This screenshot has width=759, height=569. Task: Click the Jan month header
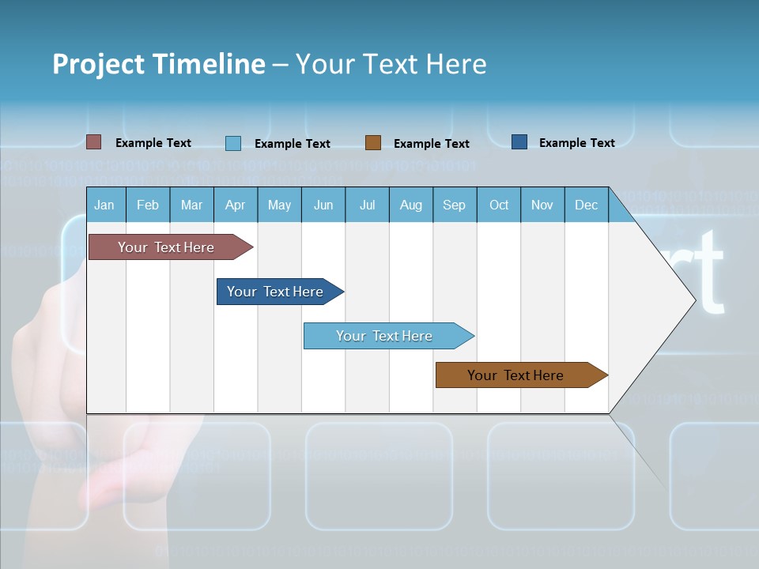(x=105, y=205)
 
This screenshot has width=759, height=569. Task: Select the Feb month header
(x=148, y=205)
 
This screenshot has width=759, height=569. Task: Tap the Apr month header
(x=235, y=205)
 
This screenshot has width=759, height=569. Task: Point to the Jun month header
(x=323, y=205)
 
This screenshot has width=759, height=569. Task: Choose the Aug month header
(x=410, y=205)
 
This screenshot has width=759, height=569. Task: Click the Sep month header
(x=454, y=205)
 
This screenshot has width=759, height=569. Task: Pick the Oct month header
(x=499, y=205)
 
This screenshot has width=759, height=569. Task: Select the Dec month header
(x=586, y=205)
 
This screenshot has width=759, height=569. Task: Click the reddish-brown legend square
(x=94, y=142)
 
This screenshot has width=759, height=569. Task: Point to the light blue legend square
(x=233, y=143)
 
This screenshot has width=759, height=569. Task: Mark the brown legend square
(x=373, y=143)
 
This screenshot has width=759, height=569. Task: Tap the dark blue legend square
(x=519, y=142)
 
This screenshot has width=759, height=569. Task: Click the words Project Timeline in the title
(x=159, y=64)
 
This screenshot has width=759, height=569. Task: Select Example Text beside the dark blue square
(x=576, y=143)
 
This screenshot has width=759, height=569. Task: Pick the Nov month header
(x=542, y=205)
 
